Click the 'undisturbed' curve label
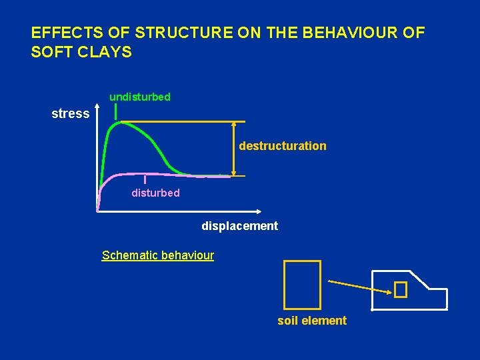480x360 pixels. tap(140, 97)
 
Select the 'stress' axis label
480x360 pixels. tap(71, 114)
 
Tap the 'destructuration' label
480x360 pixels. tap(283, 146)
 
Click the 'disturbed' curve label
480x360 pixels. tap(155, 193)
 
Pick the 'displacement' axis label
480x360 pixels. tap(240, 226)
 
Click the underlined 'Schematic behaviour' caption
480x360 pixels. tap(158, 255)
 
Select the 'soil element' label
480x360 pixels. tap(312, 321)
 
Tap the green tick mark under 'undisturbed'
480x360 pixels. tap(116, 112)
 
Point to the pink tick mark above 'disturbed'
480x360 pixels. tap(145, 179)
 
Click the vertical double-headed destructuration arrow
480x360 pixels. tap(234, 149)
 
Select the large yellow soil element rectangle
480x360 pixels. tap(302, 282)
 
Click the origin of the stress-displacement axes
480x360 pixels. tap(98, 211)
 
